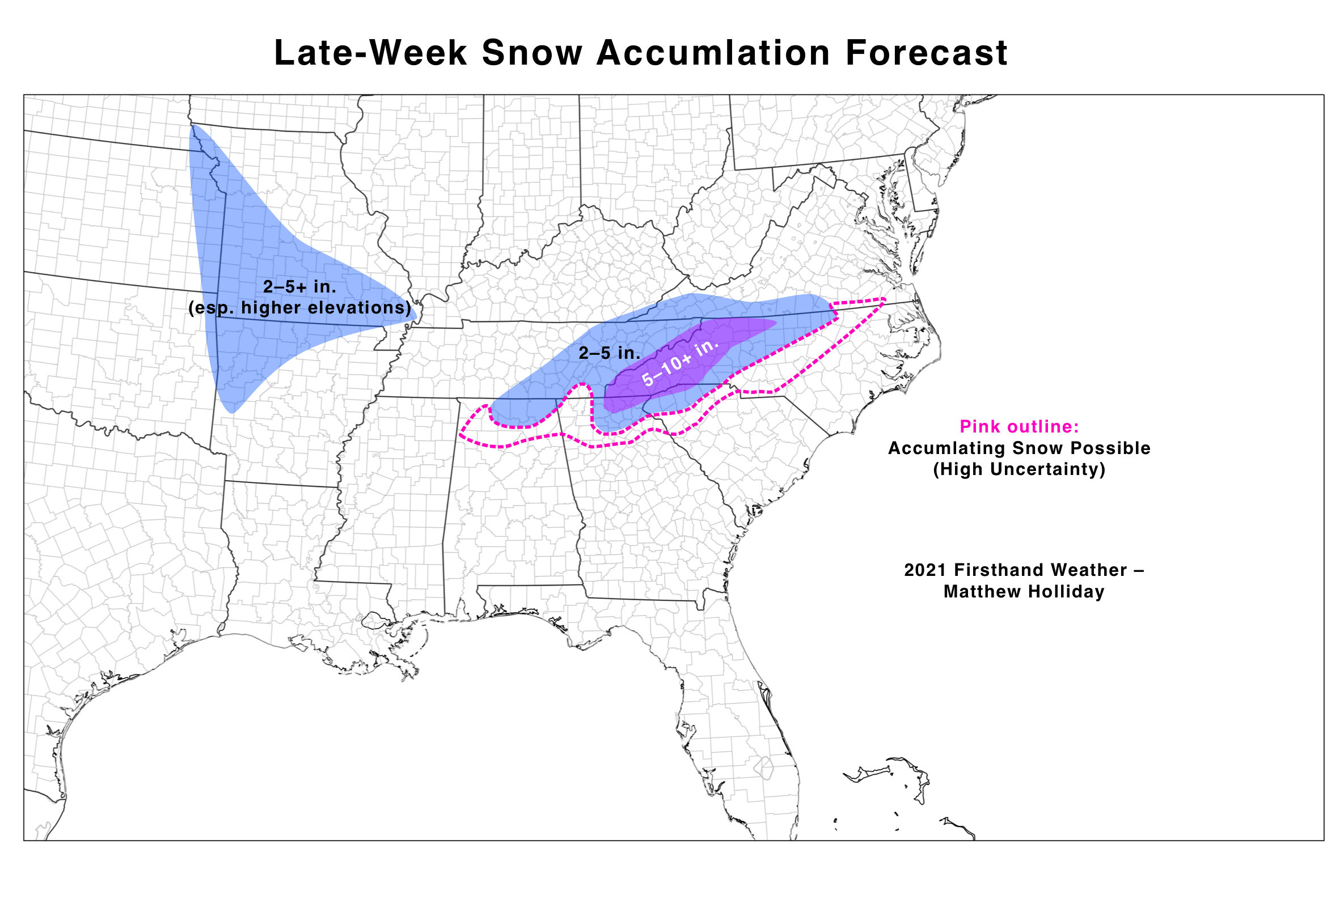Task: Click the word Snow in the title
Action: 532,53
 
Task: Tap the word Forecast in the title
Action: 926,53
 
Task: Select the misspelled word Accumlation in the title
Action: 713,53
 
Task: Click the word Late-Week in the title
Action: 370,53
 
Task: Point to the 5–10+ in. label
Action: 680,362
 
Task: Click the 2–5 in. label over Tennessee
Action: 609,353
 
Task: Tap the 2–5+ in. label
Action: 299,287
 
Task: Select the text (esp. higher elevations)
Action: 299,308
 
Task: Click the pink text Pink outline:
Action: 1018,427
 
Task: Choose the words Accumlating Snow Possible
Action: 1018,448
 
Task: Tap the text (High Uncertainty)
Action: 1018,469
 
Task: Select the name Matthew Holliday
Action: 1024,592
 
